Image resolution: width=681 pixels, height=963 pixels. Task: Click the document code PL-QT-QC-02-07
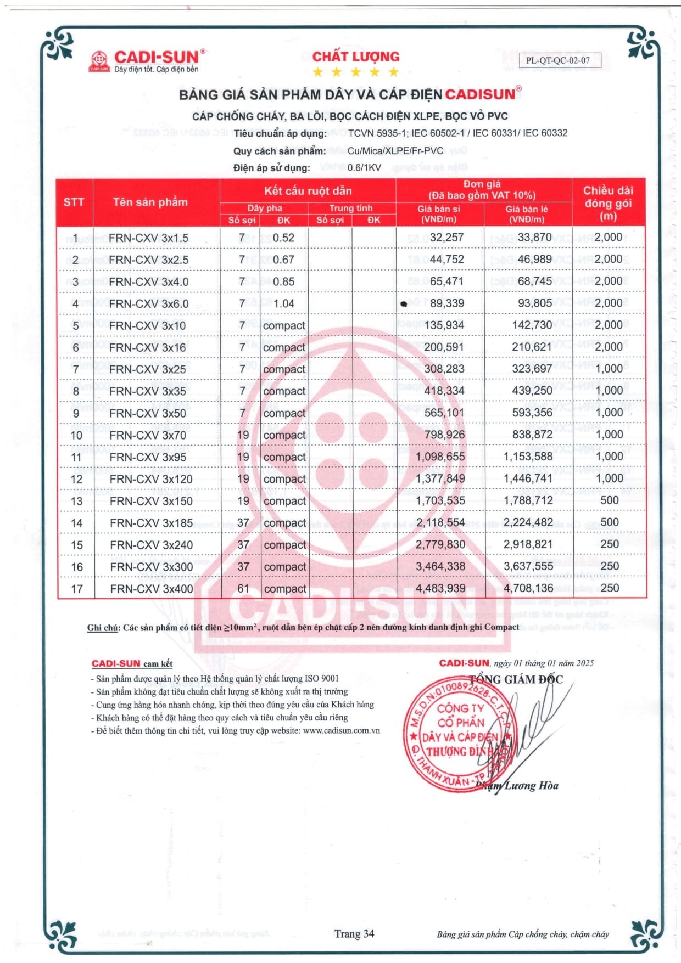pos(557,60)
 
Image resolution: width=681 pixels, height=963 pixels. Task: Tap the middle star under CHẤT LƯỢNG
pos(355,72)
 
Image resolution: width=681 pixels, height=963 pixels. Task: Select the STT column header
pos(74,202)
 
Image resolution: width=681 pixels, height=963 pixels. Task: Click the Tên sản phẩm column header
pos(150,202)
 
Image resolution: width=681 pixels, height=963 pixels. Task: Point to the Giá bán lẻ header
pos(527,213)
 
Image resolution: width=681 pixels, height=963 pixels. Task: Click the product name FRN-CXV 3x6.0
pos(149,303)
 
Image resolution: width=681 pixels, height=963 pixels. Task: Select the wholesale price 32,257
pos(446,237)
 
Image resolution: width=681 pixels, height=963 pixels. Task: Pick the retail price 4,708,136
pos(528,588)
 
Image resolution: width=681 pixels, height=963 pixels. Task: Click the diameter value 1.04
pos(283,303)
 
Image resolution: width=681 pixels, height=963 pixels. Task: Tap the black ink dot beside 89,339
pos(404,303)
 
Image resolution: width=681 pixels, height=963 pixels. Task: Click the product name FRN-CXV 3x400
pos(151,589)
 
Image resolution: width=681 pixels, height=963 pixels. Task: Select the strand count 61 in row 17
pos(243,589)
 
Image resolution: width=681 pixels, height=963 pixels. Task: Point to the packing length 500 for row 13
pos(609,500)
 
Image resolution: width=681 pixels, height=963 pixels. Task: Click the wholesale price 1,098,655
pos(440,457)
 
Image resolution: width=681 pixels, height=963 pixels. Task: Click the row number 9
pos(76,413)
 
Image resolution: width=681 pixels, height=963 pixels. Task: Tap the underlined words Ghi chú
pos(103,628)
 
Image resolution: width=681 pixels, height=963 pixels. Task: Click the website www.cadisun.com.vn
pos(341,731)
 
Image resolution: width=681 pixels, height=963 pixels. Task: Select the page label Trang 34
pos(354,933)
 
